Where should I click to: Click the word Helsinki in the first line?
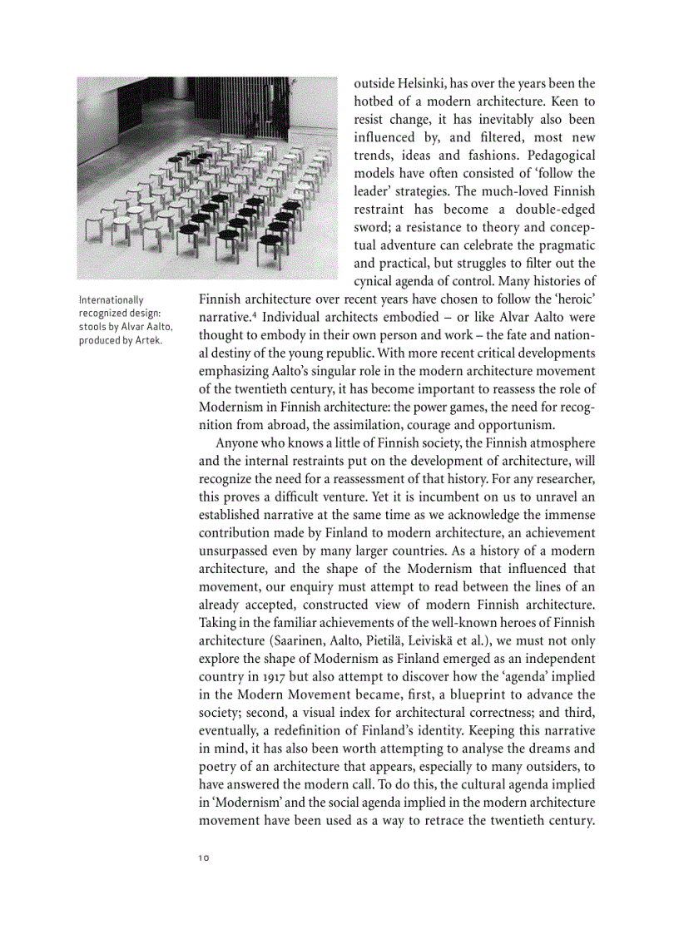tap(422, 84)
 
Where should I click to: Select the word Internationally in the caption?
tap(111, 300)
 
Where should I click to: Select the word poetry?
tap(221, 767)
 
